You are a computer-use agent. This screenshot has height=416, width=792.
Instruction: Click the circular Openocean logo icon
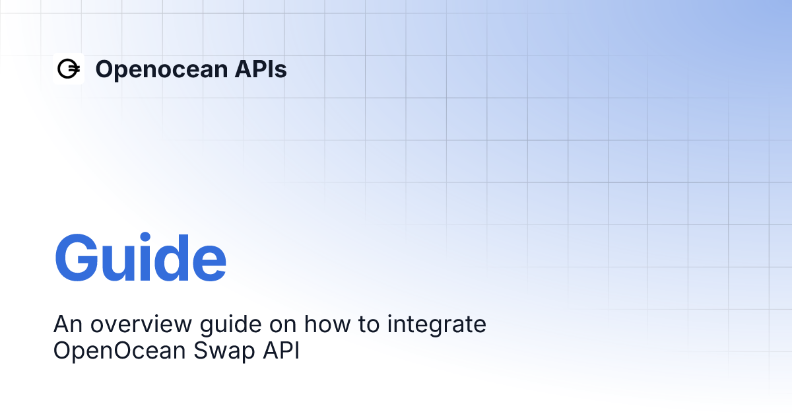point(68,69)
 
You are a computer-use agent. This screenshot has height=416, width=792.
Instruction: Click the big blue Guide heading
point(140,258)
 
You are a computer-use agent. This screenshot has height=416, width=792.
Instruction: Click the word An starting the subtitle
point(67,325)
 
